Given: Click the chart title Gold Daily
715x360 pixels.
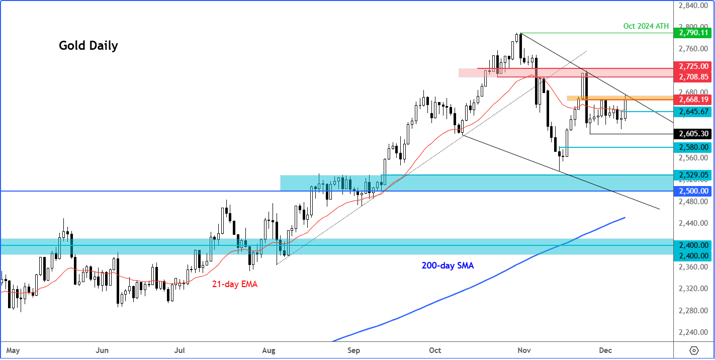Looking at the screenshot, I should [x=88, y=46].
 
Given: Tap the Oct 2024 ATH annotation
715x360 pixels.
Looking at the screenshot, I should [x=646, y=26].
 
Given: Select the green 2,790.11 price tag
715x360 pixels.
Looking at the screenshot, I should [x=693, y=33].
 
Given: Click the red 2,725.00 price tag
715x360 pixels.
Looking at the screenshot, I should [x=693, y=66].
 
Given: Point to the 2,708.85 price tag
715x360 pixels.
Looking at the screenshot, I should [x=693, y=77].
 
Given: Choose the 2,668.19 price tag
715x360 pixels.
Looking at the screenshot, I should [x=693, y=99].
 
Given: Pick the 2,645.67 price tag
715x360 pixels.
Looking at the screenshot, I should [x=693, y=111].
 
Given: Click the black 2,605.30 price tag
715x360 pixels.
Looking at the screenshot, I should [x=693, y=134].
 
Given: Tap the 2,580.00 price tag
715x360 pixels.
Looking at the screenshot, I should [x=693, y=147].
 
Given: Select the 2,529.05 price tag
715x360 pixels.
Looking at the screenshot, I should [x=693, y=175].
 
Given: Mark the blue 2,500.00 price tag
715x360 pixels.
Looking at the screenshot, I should [x=693, y=191].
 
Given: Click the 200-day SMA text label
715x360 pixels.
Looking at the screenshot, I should [x=447, y=265].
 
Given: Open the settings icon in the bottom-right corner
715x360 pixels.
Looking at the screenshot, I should [x=694, y=350].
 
